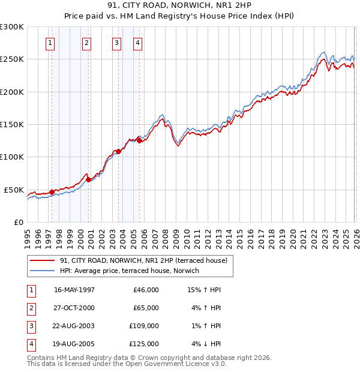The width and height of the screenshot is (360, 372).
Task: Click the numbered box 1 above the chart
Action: click(49, 43)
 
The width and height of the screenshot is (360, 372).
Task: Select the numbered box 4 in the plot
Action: click(138, 43)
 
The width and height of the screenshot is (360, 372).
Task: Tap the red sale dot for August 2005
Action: click(139, 141)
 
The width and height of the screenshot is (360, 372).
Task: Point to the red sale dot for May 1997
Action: click(52, 192)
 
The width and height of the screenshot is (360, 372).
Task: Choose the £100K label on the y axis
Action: click(12, 157)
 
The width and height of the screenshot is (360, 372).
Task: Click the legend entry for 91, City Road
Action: click(143, 261)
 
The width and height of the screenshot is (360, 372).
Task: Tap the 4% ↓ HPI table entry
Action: click(205, 344)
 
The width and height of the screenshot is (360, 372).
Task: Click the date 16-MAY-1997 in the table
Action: click(74, 290)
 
